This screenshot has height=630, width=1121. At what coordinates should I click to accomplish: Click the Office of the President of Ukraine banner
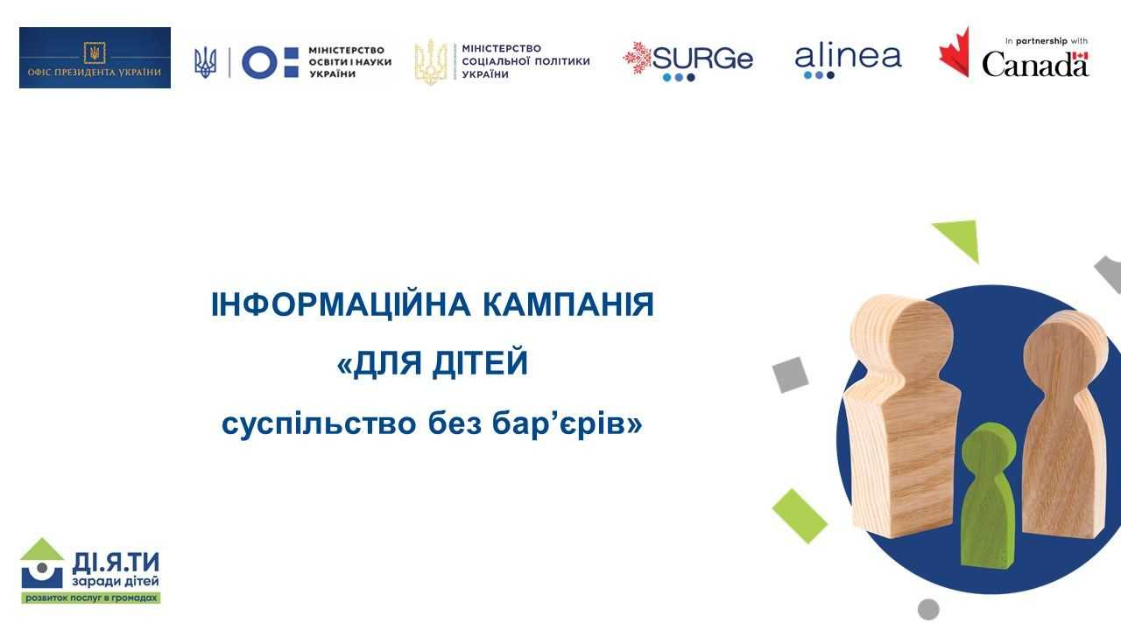coord(95,58)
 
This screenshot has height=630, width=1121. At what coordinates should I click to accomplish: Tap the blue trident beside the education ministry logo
coord(205,61)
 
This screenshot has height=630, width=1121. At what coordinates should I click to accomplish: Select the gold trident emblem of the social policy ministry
coord(430,61)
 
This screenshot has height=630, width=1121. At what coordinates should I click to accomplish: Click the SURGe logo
coord(687,59)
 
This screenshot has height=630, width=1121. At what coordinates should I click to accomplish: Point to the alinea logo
coord(847,58)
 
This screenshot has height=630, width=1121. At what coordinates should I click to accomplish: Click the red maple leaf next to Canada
coord(955,52)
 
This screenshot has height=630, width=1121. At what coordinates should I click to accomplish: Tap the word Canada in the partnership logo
coord(1034,64)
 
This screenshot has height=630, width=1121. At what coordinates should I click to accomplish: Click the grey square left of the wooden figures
coord(790,374)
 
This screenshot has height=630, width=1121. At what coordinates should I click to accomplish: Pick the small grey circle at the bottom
coord(928,609)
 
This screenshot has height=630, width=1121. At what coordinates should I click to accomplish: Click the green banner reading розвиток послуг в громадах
coord(91,598)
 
